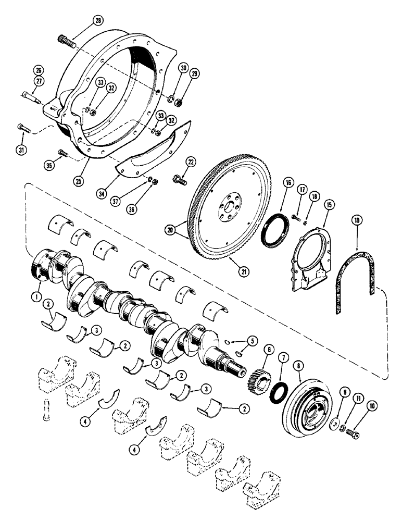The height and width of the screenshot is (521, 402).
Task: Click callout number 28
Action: [x=97, y=20]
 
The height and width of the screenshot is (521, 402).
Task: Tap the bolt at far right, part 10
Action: [x=353, y=432]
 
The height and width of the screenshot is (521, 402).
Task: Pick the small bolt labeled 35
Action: [x=62, y=153]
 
